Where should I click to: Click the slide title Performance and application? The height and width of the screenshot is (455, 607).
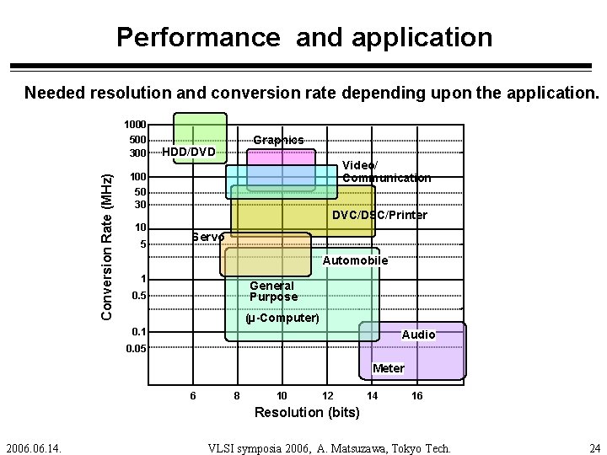pyautogui.click(x=303, y=37)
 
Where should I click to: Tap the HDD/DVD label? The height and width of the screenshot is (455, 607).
pyautogui.click(x=189, y=153)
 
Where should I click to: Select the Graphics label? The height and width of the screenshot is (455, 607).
pyautogui.click(x=278, y=140)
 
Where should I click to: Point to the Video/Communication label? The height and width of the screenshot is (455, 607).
pyautogui.click(x=386, y=172)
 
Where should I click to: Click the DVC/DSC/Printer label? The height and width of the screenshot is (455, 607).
pyautogui.click(x=379, y=216)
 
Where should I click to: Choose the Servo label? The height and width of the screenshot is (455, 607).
pyautogui.click(x=208, y=237)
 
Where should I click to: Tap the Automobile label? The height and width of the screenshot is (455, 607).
pyautogui.click(x=355, y=261)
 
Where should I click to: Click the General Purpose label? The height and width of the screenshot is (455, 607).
pyautogui.click(x=273, y=292)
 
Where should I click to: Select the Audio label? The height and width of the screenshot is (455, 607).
pyautogui.click(x=419, y=335)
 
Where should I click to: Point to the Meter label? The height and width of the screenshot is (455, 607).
pyautogui.click(x=389, y=368)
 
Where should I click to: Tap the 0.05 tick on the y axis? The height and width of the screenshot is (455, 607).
pyautogui.click(x=135, y=348)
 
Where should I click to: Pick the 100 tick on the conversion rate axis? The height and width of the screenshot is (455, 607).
pyautogui.click(x=137, y=178)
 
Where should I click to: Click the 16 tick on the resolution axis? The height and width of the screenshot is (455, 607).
pyautogui.click(x=417, y=396)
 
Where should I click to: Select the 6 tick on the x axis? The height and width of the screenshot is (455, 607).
pyautogui.click(x=193, y=396)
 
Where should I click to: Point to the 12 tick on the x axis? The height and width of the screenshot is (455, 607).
pyautogui.click(x=327, y=396)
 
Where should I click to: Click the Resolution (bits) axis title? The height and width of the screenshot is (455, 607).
pyautogui.click(x=307, y=413)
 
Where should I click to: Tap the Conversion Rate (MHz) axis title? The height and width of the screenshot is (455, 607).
pyautogui.click(x=107, y=246)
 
